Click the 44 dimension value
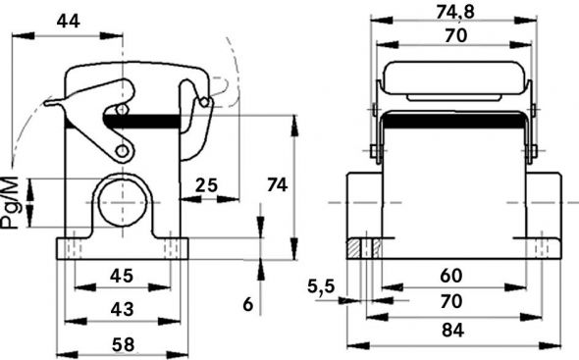point(68,21)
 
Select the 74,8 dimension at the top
point(452,11)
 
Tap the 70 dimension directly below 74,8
point(452,35)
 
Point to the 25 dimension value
point(206,183)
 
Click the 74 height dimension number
point(278,183)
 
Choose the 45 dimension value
point(121,276)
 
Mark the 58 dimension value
point(121,343)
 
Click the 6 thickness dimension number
point(248,305)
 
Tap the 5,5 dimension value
point(321,286)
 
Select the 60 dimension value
point(452,276)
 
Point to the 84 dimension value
point(452,331)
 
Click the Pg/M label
point(11,202)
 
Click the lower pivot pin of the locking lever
point(122,150)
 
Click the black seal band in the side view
point(147,121)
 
